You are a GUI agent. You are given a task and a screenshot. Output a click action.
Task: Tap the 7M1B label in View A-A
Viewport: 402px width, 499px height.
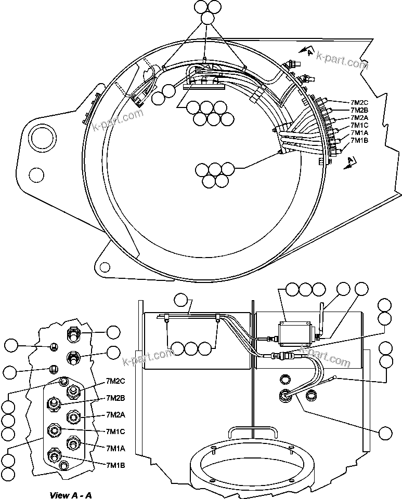click(115, 465)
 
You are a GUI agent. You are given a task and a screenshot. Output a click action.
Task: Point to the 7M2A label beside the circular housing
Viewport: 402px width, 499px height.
click(359, 117)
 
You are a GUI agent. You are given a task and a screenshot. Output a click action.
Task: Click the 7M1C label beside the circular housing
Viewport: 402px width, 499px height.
click(359, 125)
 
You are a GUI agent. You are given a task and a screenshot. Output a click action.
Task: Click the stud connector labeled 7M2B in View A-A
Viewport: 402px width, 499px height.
click(53, 402)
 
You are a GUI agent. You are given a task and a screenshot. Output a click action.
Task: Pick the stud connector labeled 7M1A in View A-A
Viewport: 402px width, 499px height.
click(72, 442)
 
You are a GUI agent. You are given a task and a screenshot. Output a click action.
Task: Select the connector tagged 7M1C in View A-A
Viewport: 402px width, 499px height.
click(53, 430)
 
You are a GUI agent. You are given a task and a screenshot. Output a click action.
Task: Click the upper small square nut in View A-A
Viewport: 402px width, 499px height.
click(53, 347)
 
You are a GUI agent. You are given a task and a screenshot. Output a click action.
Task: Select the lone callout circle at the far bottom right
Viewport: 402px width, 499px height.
click(385, 433)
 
